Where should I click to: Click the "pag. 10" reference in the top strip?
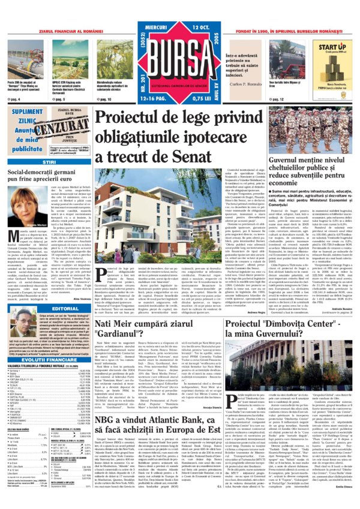point(104,98)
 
